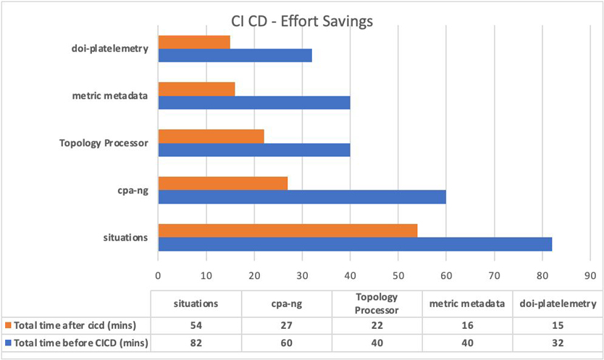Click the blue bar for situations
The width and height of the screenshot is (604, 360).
355,244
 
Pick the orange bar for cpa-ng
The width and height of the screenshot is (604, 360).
223,183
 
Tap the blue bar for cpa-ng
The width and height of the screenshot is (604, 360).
302,197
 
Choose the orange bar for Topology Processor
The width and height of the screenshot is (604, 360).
211,136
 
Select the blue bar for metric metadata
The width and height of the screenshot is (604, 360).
254,103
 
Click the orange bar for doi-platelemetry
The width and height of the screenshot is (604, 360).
194,42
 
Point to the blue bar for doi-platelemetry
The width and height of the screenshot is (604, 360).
235,56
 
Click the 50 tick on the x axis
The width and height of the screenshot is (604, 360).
398,275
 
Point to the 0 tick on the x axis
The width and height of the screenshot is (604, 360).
158,275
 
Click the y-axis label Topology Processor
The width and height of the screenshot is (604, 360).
104,143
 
